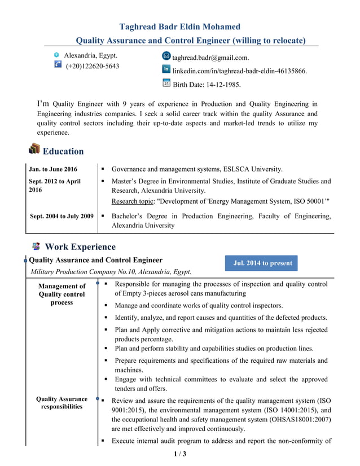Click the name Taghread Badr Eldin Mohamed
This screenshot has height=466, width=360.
point(180,27)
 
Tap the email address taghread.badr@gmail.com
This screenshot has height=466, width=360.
point(210,58)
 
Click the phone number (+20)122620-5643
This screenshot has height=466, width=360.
point(93,66)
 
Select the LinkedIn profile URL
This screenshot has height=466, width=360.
point(239,71)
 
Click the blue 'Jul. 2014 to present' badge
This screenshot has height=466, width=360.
point(262,263)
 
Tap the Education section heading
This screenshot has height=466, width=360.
point(63,151)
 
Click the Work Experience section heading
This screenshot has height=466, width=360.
point(80,247)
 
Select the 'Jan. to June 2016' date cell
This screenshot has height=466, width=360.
point(53,169)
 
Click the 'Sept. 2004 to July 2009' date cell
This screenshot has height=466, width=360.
point(62,216)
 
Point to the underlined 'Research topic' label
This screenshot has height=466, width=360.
point(133,201)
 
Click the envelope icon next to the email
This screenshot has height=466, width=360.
point(166,56)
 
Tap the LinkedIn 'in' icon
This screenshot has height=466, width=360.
point(166,69)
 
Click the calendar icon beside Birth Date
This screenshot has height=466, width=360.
point(166,83)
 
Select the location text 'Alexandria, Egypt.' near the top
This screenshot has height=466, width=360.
point(90,56)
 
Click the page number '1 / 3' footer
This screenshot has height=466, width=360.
point(179,454)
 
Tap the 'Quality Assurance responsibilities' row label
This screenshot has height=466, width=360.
point(62,403)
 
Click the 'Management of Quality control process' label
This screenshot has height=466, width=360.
point(62,294)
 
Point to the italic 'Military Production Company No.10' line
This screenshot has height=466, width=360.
point(110,271)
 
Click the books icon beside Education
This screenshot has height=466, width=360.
point(34,150)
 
